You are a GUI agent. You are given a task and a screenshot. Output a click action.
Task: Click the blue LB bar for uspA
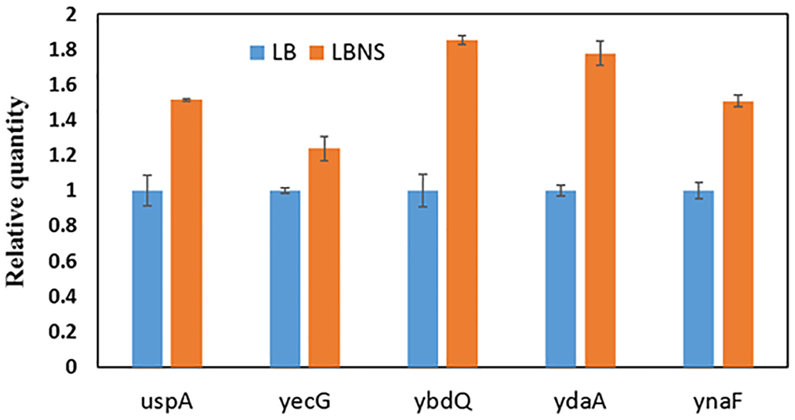(147, 278)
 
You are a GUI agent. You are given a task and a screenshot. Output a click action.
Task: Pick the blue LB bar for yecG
(285, 278)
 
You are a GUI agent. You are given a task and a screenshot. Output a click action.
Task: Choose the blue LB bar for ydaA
(560, 278)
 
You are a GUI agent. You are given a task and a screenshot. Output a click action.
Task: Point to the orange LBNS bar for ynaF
(738, 235)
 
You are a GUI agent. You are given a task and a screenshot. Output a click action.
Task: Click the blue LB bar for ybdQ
(423, 278)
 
